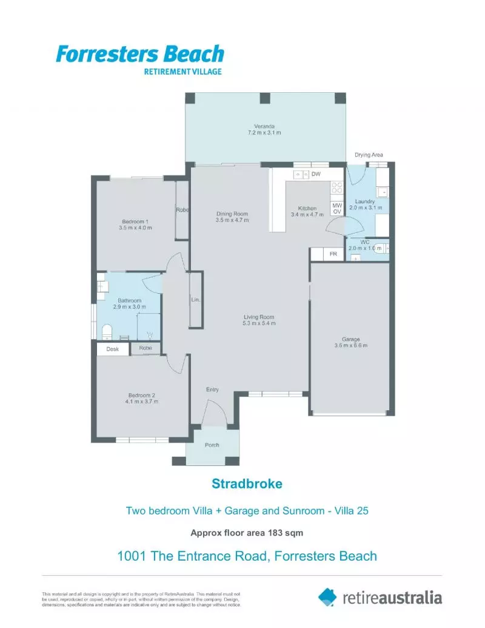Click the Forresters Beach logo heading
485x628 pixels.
point(140,54)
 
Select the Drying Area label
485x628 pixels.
point(369,155)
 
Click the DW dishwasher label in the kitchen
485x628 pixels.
point(316,175)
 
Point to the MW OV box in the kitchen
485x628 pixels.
point(337,208)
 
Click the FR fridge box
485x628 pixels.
point(333,254)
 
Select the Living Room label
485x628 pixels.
point(259,317)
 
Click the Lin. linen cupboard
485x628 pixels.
point(195,300)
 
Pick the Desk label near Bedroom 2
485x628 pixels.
point(113,349)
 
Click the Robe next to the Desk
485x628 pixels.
point(145,348)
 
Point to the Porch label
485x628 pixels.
point(212,445)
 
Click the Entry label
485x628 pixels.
point(212,390)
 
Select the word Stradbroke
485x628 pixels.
point(247,484)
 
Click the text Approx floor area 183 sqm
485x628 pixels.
point(247,533)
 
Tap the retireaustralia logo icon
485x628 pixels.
point(327,596)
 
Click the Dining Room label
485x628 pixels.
point(232,214)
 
